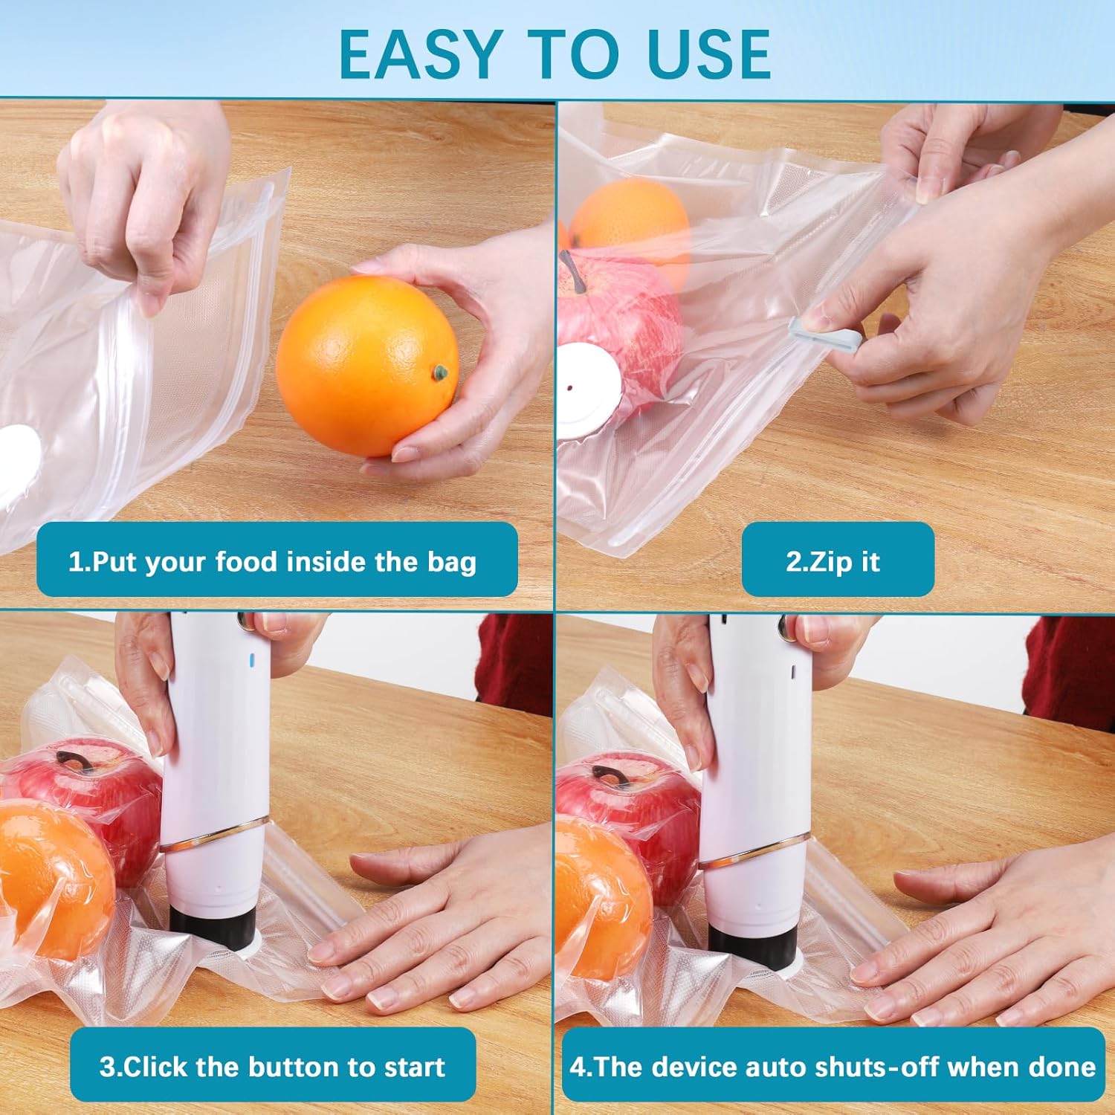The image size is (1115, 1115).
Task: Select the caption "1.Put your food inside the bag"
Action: [x=272, y=561]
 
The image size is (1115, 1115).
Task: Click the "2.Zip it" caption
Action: [x=833, y=561]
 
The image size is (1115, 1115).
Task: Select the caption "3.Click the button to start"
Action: [x=272, y=1067]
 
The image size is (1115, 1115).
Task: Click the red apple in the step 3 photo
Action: [x=85, y=795]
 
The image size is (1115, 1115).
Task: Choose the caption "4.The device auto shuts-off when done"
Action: [x=833, y=1067]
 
